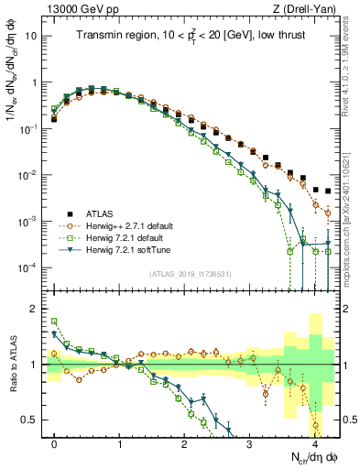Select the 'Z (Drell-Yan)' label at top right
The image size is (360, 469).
pyautogui.click(x=306, y=9)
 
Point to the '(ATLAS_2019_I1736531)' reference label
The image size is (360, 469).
pyautogui.click(x=193, y=274)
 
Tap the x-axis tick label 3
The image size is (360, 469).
pyautogui.click(x=249, y=442)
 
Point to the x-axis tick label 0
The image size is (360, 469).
pyautogui.click(x=54, y=442)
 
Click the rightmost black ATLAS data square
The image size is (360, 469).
pyautogui.click(x=328, y=191)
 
